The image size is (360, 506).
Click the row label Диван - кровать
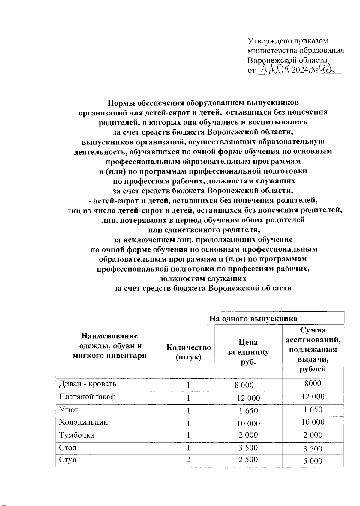[x=88, y=384]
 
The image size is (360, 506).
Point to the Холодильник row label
[x=83, y=422]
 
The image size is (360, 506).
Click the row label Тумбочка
[x=76, y=435]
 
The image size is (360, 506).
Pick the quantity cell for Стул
[x=188, y=460]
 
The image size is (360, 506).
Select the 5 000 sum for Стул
[x=313, y=461]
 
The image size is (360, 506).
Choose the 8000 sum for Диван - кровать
[x=313, y=383]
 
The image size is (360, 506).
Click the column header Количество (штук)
[x=189, y=352]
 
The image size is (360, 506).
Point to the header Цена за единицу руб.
[x=248, y=352]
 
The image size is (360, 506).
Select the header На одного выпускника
[x=253, y=318]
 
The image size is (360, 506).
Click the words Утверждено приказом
[x=288, y=40]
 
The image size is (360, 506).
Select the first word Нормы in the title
[x=121, y=103]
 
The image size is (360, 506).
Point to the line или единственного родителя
[x=203, y=230]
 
